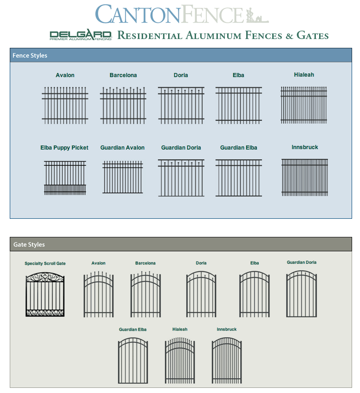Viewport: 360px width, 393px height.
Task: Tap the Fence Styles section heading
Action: [x=30, y=55]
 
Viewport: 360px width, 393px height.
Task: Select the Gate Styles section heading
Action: [x=29, y=244]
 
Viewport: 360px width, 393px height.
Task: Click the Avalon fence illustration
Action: [x=65, y=105]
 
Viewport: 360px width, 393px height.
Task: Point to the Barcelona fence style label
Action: [x=123, y=75]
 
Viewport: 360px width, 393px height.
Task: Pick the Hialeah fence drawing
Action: [x=304, y=105]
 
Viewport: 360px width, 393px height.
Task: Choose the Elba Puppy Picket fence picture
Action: [x=65, y=178]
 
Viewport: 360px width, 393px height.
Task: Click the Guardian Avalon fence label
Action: [x=122, y=148]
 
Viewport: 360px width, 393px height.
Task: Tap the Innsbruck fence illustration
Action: [x=305, y=177]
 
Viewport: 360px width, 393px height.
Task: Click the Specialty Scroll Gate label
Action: [x=45, y=263]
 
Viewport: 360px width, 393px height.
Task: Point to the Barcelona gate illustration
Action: [x=145, y=294]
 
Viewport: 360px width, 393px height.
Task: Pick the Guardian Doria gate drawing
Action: [x=301, y=294]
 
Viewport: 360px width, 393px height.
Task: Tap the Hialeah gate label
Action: [x=180, y=329]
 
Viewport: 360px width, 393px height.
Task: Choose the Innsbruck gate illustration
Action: [x=227, y=360]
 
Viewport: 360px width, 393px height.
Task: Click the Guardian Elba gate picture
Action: [x=133, y=360]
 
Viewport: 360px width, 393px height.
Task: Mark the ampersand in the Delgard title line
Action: [x=289, y=36]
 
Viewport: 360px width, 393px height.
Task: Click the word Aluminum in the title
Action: [x=213, y=35]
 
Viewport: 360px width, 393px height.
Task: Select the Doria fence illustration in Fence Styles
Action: [x=181, y=105]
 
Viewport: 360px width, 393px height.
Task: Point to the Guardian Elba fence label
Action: [x=239, y=148]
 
